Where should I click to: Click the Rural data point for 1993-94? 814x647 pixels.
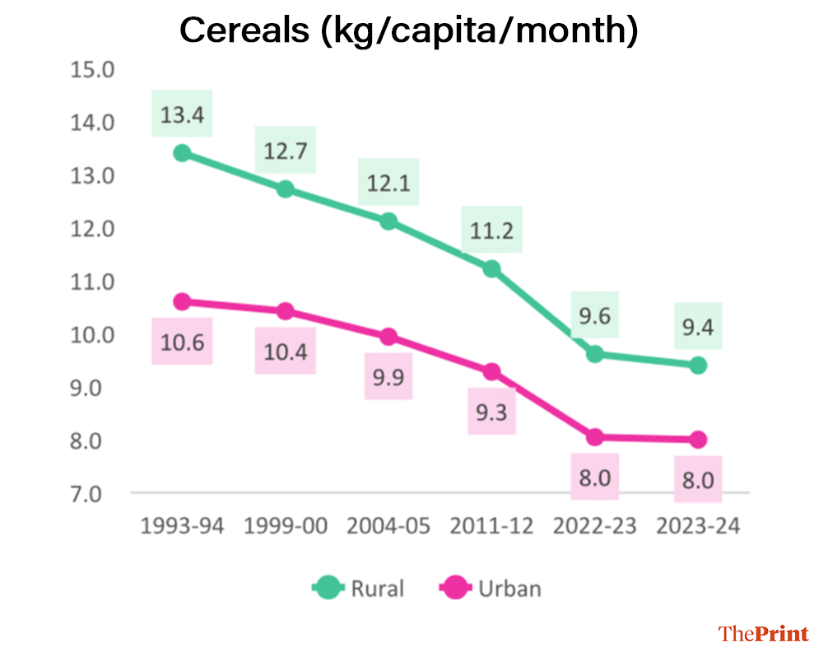click(182, 153)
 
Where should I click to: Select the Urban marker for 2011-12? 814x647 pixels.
click(491, 371)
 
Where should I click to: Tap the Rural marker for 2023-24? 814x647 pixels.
click(698, 365)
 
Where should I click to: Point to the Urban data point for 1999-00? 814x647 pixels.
click(285, 311)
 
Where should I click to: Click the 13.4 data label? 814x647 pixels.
click(182, 114)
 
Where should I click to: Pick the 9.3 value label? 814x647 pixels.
click(491, 411)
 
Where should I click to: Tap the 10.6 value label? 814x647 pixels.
click(182, 341)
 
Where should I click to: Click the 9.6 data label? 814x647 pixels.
click(594, 317)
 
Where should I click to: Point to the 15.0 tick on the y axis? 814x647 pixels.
click(91, 69)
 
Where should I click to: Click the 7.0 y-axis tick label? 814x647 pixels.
click(91, 494)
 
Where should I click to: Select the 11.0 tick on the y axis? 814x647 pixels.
click(91, 282)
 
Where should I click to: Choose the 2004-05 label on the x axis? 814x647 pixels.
click(388, 526)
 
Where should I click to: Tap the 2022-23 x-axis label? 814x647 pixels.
click(594, 526)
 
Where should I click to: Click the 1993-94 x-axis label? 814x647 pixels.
click(182, 526)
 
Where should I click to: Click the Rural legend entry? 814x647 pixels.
click(360, 588)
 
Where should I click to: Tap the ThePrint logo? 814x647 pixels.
click(764, 633)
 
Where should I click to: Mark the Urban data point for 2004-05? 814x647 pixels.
click(388, 337)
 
